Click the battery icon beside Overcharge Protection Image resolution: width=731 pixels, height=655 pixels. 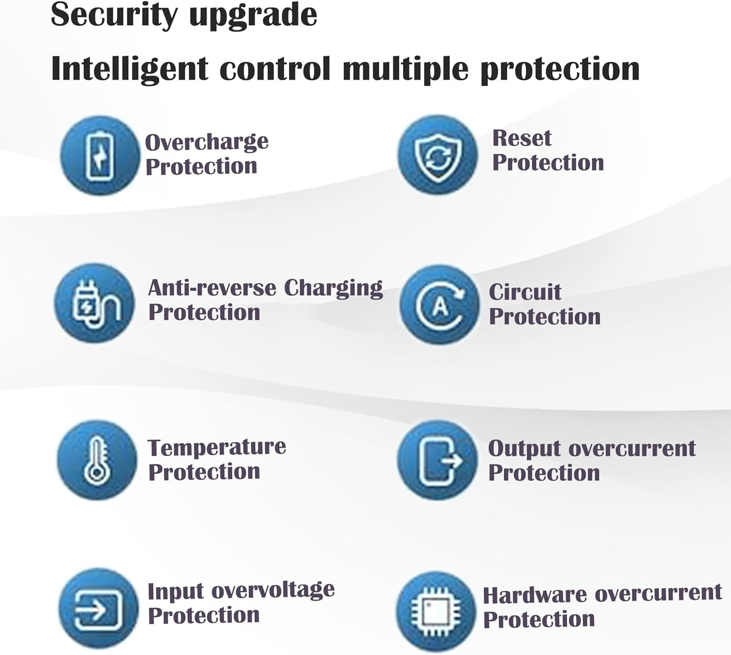(100, 155)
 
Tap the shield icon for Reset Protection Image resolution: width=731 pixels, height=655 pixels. (438, 155)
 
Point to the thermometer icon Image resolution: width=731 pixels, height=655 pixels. (97, 460)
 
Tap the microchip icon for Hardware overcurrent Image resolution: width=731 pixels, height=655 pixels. (436, 611)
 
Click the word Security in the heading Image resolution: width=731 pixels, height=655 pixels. (115, 16)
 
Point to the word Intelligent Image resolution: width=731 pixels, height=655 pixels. (130, 69)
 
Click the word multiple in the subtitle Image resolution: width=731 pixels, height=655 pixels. (405, 69)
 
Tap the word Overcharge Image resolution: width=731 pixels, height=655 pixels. (207, 142)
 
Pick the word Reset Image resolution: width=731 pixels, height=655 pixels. (522, 138)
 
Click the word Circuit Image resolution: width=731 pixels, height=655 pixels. (525, 292)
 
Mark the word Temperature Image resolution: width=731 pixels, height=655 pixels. (217, 447)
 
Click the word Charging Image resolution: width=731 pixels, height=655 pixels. (334, 289)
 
